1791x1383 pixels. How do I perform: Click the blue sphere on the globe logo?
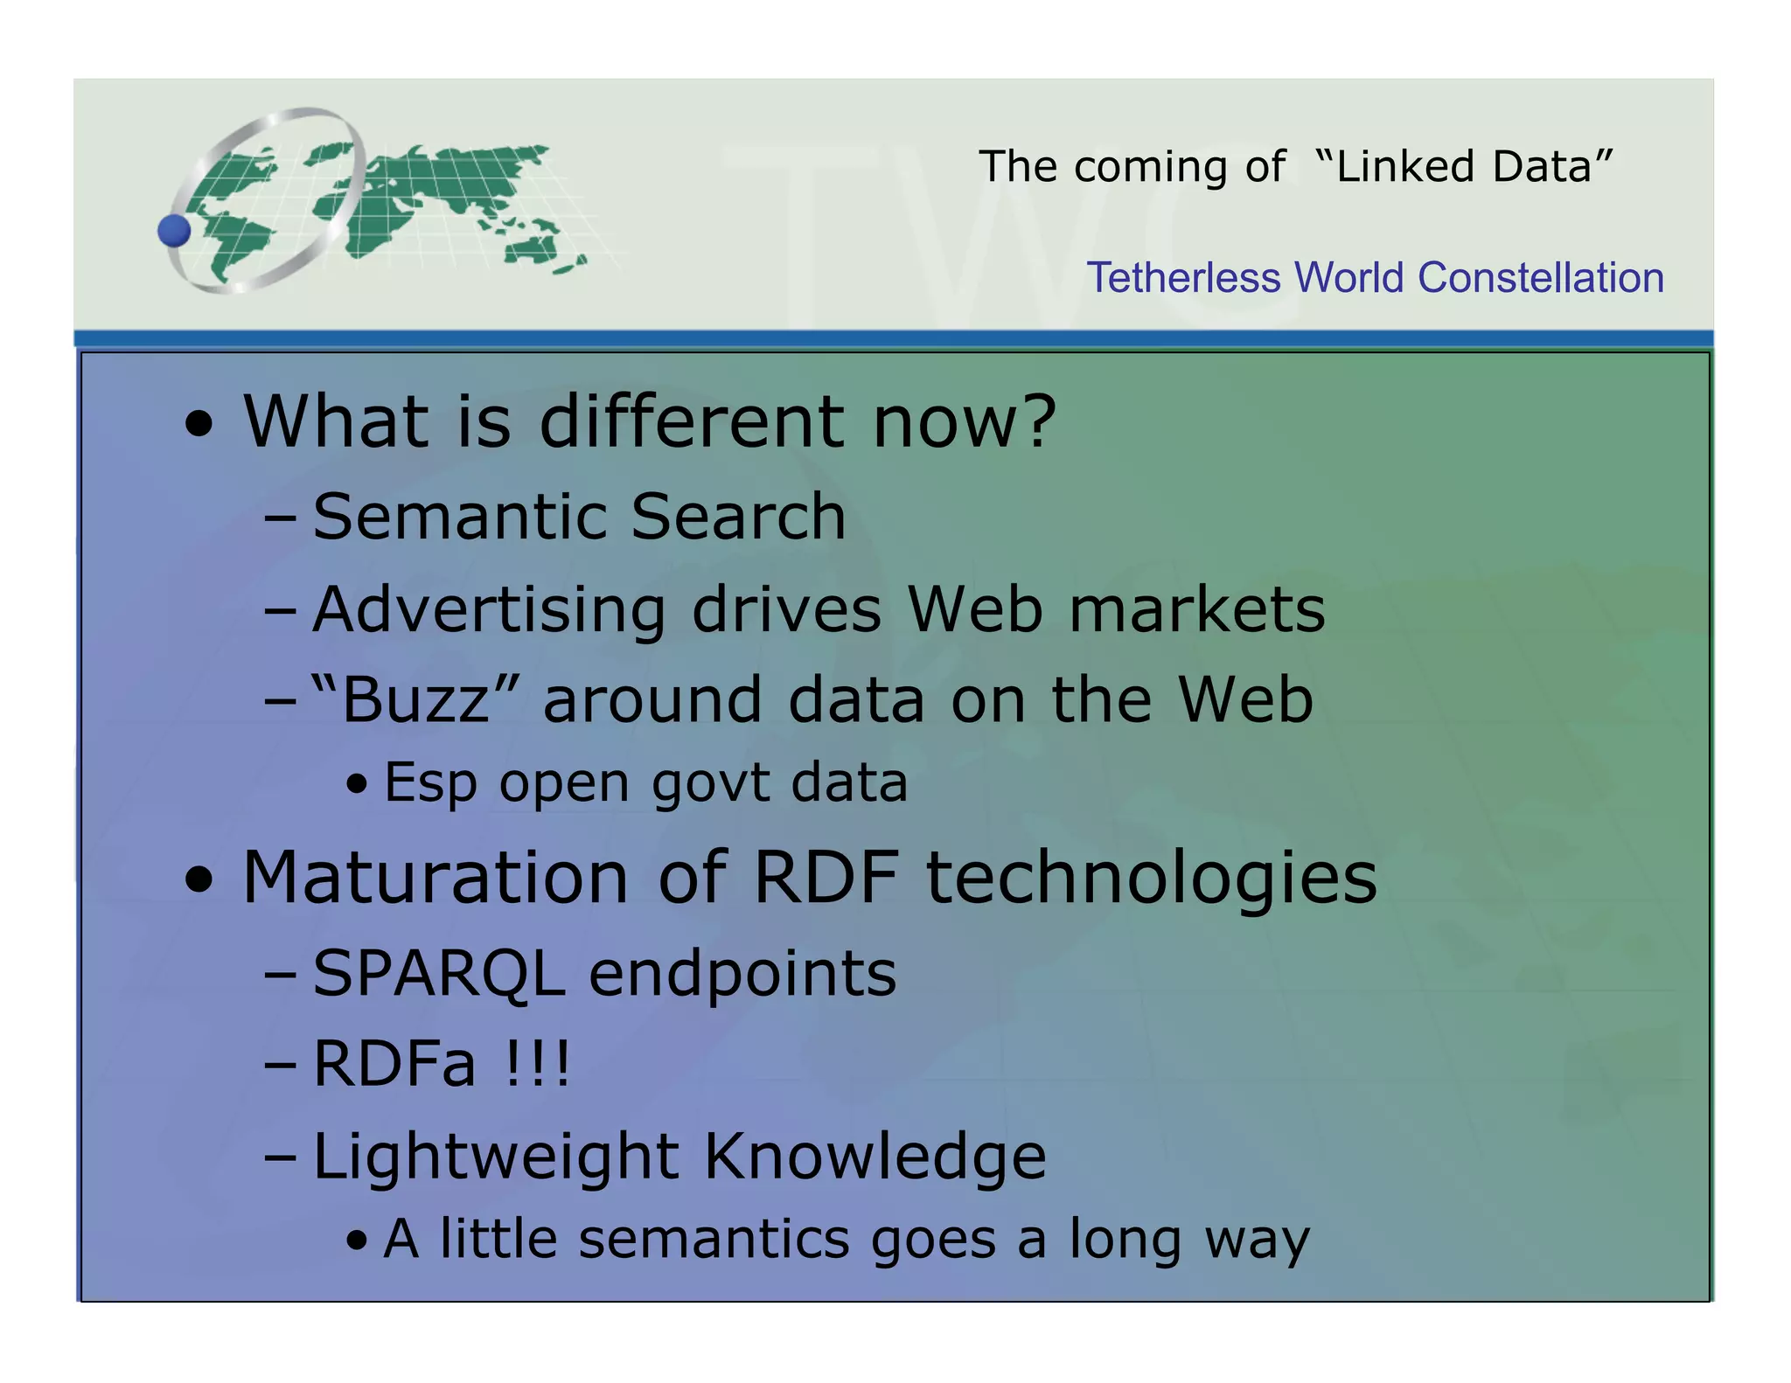pyautogui.click(x=174, y=231)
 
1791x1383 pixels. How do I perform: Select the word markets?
pyautogui.click(x=1196, y=609)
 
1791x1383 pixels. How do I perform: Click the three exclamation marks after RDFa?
pyautogui.click(x=538, y=1065)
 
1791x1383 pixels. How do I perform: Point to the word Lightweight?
pyautogui.click(x=496, y=1157)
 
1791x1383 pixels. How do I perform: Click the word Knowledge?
pyautogui.click(x=875, y=1157)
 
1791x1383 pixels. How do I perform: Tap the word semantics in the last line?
pyautogui.click(x=714, y=1239)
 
